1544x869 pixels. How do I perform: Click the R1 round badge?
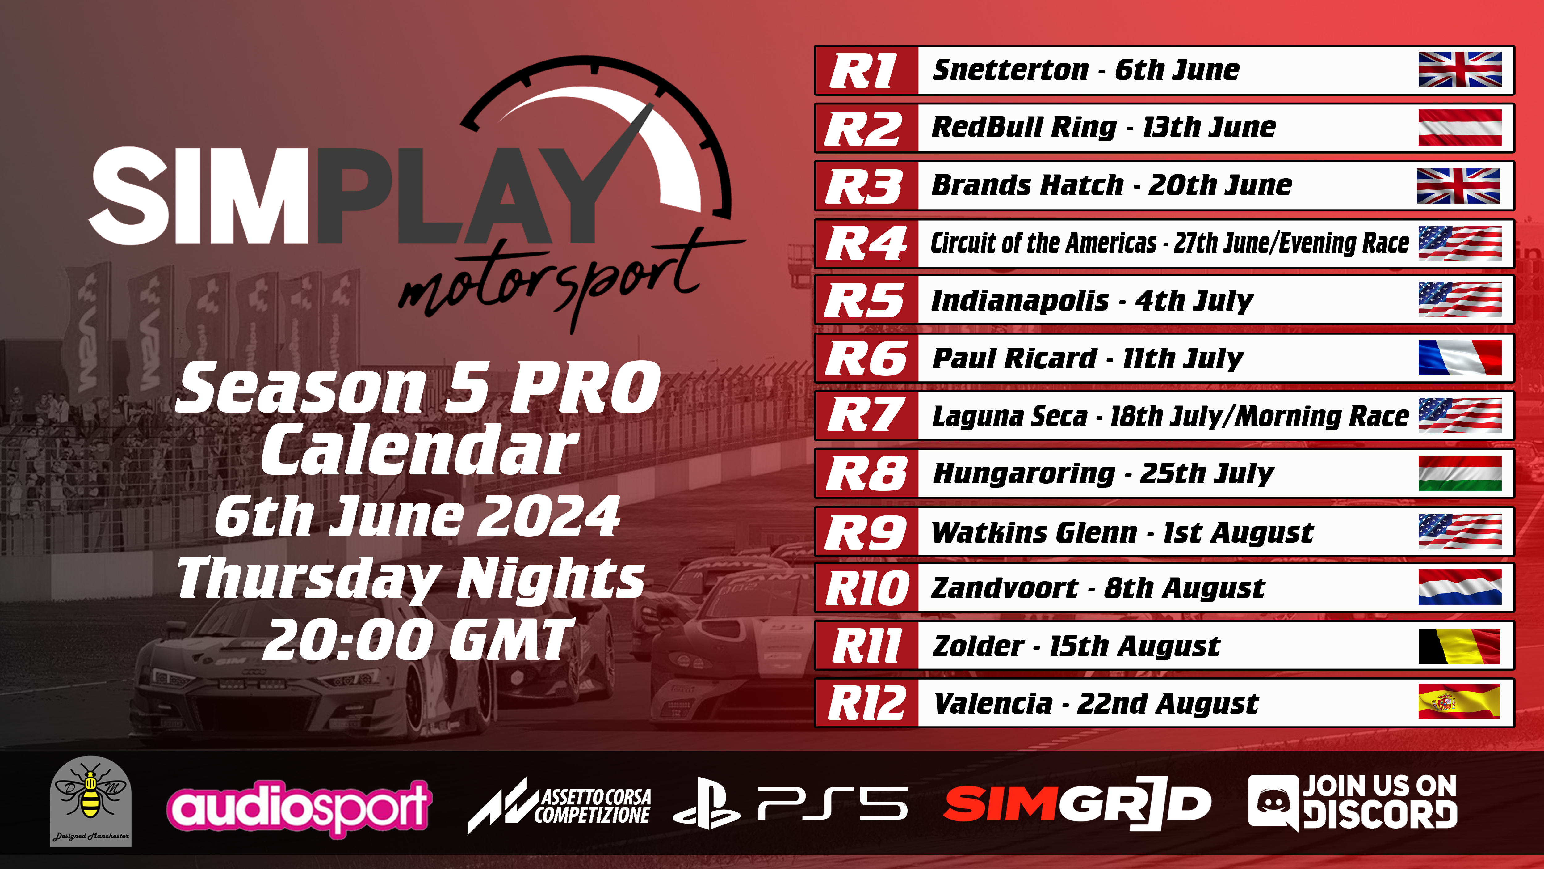point(866,70)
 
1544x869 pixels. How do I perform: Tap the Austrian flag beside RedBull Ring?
point(1459,127)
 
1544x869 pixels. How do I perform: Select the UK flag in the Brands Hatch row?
point(1458,186)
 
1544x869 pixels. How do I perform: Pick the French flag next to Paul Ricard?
point(1459,358)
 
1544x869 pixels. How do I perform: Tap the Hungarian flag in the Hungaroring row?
point(1459,473)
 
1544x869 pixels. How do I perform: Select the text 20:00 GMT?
point(418,640)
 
